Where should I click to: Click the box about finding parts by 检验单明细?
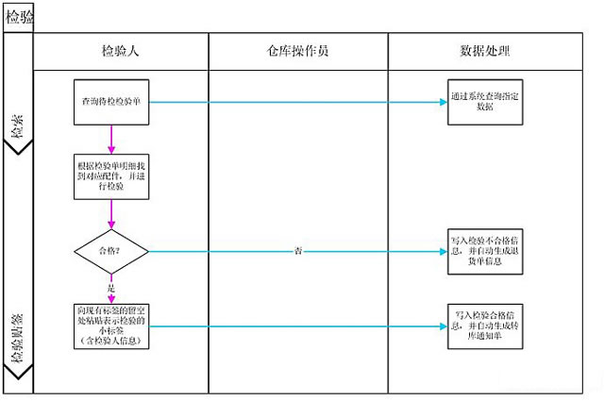point(111,175)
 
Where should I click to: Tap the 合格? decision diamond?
point(111,251)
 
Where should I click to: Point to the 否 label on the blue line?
point(297,252)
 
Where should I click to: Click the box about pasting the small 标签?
point(111,326)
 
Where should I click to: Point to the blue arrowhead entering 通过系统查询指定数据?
point(443,102)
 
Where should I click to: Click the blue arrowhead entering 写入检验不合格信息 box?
point(443,252)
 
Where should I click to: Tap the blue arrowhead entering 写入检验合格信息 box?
point(443,326)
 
